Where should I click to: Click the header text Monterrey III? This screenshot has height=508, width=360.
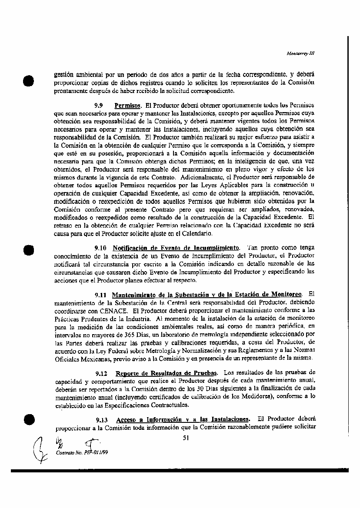300,54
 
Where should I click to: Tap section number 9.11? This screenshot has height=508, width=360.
101,295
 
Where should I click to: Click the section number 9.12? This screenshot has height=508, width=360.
101,373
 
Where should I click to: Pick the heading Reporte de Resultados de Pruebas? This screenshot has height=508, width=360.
167,373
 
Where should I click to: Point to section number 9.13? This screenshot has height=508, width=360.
101,419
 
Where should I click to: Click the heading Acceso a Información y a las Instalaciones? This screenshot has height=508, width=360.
183,419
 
